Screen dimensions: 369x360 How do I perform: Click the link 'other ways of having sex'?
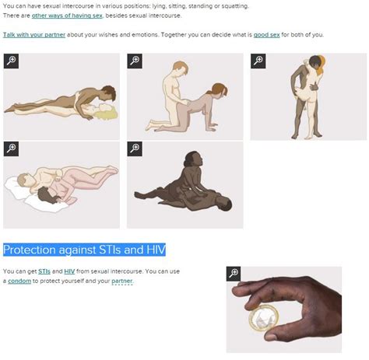67,16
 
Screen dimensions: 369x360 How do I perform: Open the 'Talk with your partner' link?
34,35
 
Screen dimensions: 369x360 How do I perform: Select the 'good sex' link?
266,35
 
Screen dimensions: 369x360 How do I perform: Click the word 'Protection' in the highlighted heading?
30,250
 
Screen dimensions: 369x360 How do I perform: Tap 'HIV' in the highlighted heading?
156,250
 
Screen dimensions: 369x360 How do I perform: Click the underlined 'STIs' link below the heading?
44,271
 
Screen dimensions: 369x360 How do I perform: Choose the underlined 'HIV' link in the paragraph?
69,271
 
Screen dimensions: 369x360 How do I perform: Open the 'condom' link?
19,281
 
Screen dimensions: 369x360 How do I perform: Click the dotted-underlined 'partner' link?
121,281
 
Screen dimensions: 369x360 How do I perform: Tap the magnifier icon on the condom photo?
234,274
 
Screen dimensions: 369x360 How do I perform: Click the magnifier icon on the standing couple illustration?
258,61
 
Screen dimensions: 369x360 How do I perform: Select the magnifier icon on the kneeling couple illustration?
135,61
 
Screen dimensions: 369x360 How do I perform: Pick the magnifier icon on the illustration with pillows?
11,149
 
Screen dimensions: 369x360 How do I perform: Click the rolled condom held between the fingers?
264,318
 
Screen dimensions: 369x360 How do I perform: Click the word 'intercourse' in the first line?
81,6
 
